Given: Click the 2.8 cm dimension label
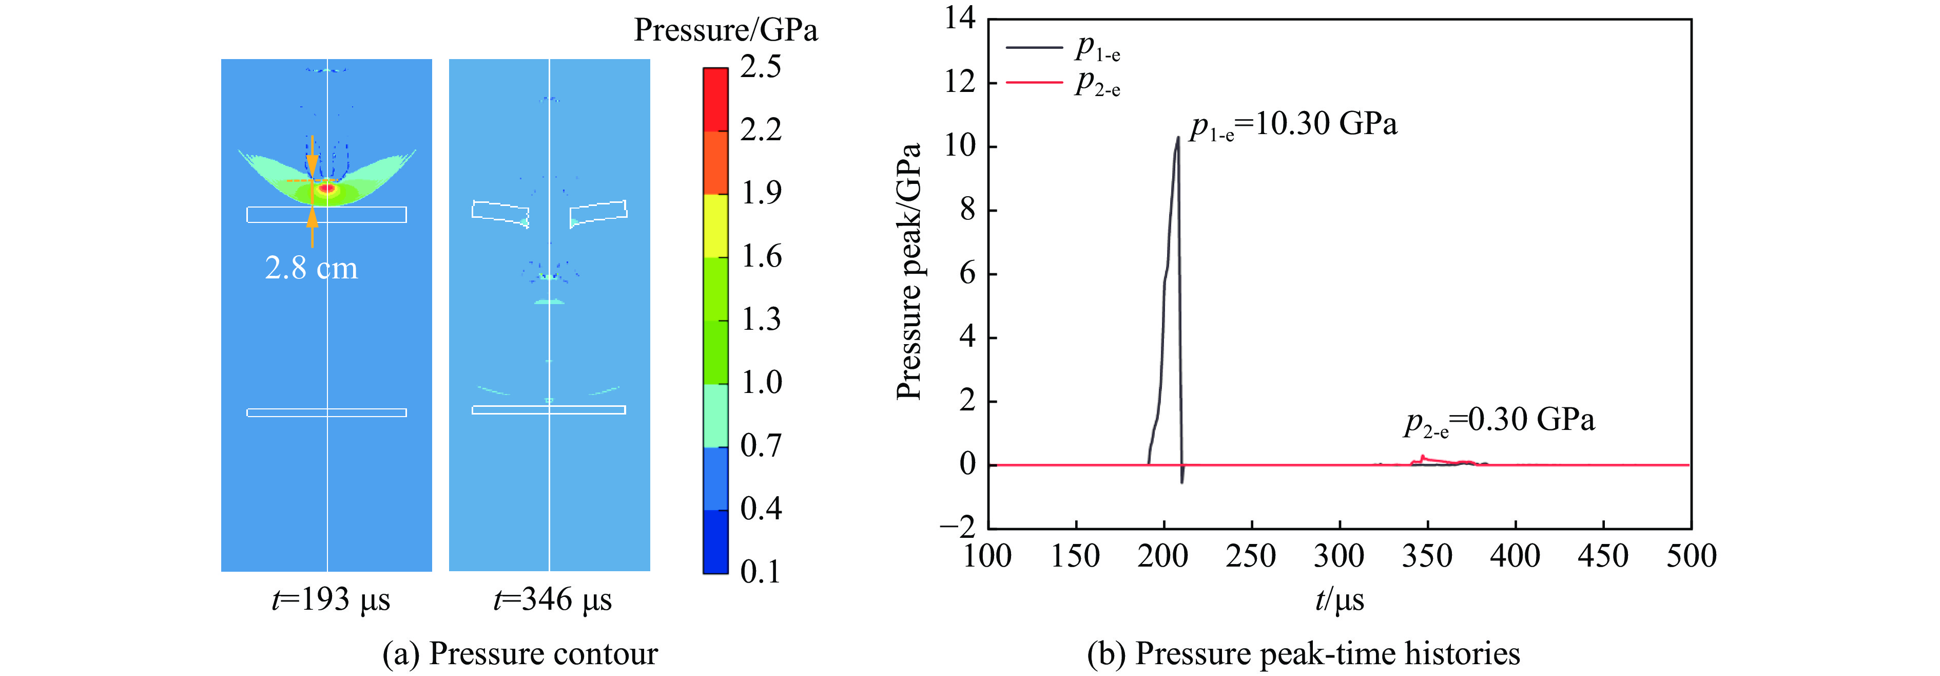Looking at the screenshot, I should pyautogui.click(x=311, y=268).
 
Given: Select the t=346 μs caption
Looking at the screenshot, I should pyautogui.click(x=553, y=600).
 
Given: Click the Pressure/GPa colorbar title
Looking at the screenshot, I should pyautogui.click(x=725, y=30).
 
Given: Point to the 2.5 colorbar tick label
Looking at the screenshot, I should pyautogui.click(x=761, y=67).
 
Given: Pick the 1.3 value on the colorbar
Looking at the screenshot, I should pyautogui.click(x=761, y=320).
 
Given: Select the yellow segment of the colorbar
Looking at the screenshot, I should pyautogui.click(x=715, y=226).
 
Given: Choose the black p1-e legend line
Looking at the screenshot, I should pyautogui.click(x=1033, y=47).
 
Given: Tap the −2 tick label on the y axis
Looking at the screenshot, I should pyautogui.click(x=957, y=528).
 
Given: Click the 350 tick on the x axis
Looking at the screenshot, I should pyautogui.click(x=1427, y=557).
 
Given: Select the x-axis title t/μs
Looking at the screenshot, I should pyautogui.click(x=1339, y=600).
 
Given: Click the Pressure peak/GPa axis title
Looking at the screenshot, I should pyautogui.click(x=909, y=271).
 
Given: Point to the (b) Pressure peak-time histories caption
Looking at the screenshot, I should pyautogui.click(x=1303, y=654).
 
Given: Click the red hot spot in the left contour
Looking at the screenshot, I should pyautogui.click(x=326, y=187).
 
